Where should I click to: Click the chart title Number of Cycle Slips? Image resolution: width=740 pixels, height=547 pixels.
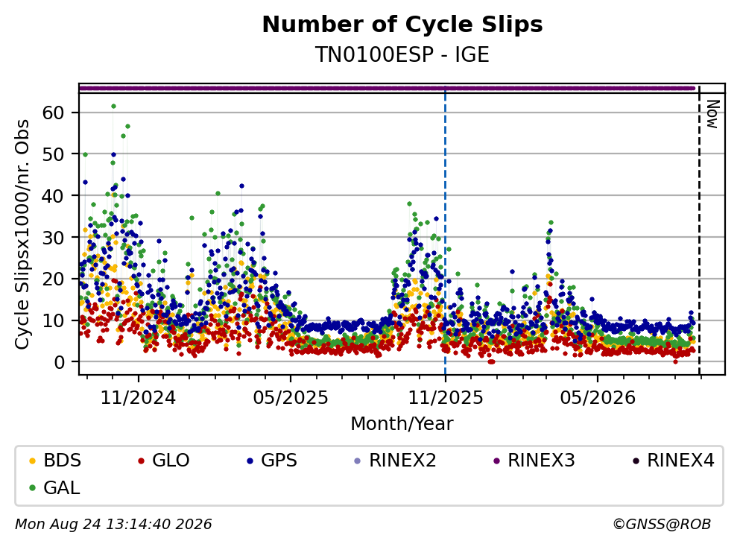[x=402, y=25]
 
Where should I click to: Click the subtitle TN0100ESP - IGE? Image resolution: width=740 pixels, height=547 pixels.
[x=402, y=54]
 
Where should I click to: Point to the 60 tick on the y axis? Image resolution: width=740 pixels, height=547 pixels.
[x=54, y=113]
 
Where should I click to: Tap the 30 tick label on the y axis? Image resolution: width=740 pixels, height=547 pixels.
[x=54, y=238]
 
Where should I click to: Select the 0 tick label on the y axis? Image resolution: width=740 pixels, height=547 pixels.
[x=60, y=362]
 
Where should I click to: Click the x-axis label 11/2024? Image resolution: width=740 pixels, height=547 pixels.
[x=139, y=398]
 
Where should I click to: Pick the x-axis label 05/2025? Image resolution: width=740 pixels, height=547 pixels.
[x=291, y=398]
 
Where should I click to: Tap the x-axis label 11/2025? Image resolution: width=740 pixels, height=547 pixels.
[x=446, y=398]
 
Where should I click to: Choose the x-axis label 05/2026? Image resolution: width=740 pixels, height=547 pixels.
[x=598, y=398]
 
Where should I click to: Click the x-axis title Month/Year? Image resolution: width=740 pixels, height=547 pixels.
[x=402, y=424]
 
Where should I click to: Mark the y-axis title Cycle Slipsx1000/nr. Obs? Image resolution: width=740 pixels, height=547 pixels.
[x=22, y=235]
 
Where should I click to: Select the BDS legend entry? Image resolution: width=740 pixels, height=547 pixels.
[x=55, y=460]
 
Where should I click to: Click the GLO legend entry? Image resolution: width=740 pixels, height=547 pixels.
[x=164, y=460]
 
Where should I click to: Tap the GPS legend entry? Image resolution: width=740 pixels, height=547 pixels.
[x=272, y=460]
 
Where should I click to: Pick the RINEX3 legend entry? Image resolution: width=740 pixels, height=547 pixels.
[x=534, y=460]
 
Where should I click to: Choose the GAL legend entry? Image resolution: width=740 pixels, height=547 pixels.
[x=54, y=487]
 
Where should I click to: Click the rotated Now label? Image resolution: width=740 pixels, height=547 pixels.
[x=712, y=114]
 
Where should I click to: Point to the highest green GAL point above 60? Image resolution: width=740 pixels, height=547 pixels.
[x=113, y=106]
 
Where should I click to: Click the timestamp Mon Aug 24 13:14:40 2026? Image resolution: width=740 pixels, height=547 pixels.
[x=114, y=525]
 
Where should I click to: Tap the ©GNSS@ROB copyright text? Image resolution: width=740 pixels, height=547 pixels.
[x=662, y=525]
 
